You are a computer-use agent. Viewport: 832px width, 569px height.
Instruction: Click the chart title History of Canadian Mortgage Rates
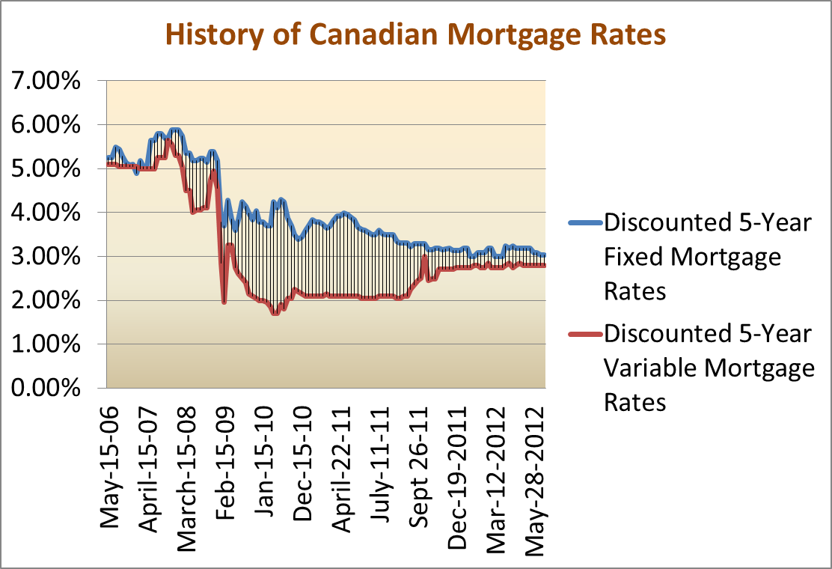pyautogui.click(x=415, y=34)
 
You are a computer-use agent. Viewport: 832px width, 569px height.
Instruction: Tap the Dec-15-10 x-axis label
pyautogui.click(x=305, y=460)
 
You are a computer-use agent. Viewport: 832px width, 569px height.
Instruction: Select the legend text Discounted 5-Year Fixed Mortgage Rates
pyautogui.click(x=706, y=257)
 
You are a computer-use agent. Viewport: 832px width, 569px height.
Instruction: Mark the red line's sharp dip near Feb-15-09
pyautogui.click(x=224, y=302)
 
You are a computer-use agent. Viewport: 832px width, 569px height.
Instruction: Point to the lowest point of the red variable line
pyautogui.click(x=275, y=313)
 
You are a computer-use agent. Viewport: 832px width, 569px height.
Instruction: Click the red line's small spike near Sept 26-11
pyautogui.click(x=424, y=258)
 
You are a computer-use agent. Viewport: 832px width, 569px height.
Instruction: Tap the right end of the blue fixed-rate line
pyautogui.click(x=544, y=255)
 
